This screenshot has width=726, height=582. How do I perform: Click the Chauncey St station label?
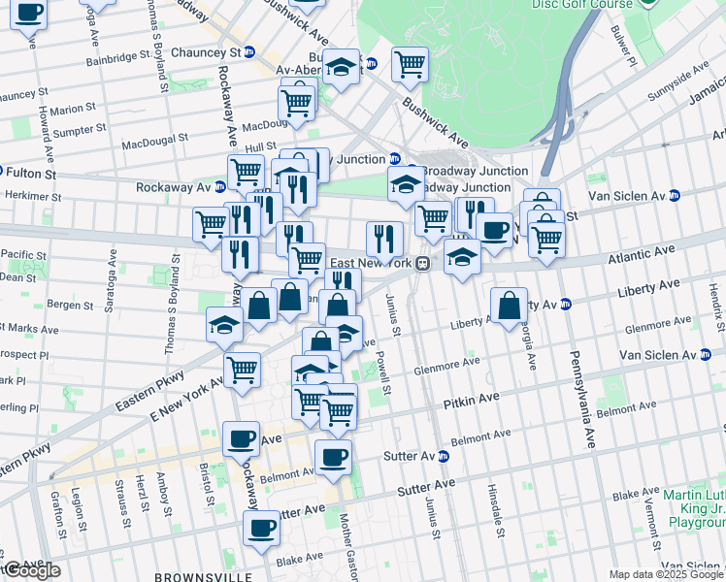(205, 52)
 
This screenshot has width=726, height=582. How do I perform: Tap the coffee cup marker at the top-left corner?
(29, 15)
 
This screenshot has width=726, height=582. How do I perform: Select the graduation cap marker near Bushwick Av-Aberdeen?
(341, 67)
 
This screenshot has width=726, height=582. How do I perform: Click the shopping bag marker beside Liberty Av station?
(510, 306)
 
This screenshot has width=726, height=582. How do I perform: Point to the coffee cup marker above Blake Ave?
(261, 530)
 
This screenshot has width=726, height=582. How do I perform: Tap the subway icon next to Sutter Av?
(444, 456)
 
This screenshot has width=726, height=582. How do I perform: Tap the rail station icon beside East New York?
(422, 264)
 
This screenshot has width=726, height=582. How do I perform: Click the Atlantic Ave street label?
(641, 251)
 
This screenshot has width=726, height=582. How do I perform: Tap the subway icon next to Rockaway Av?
(220, 187)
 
